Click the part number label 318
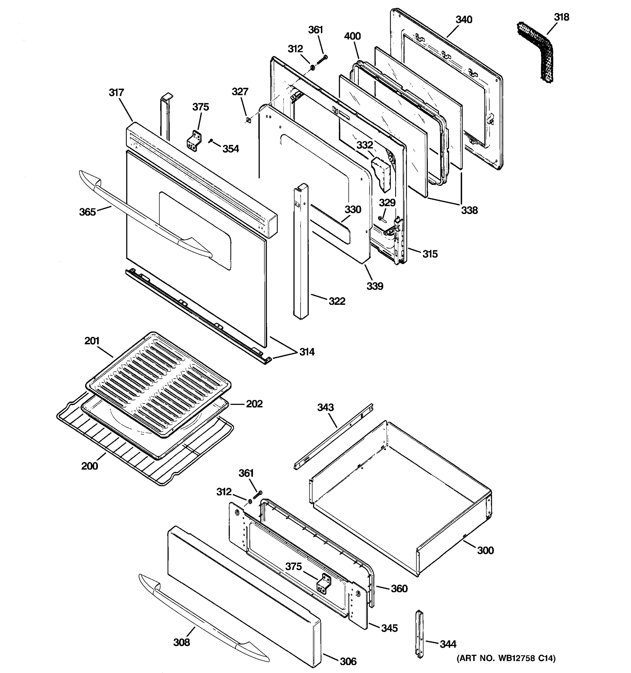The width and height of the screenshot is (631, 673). tap(561, 17)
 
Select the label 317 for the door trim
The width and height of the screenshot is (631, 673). tap(116, 93)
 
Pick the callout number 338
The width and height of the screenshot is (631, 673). tap(469, 210)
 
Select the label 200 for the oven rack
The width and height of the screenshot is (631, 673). tap(89, 466)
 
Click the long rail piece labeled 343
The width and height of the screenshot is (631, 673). tap(333, 437)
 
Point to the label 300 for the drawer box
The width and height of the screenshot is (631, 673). tap(485, 550)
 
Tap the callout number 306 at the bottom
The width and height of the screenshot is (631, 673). tap(348, 661)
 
